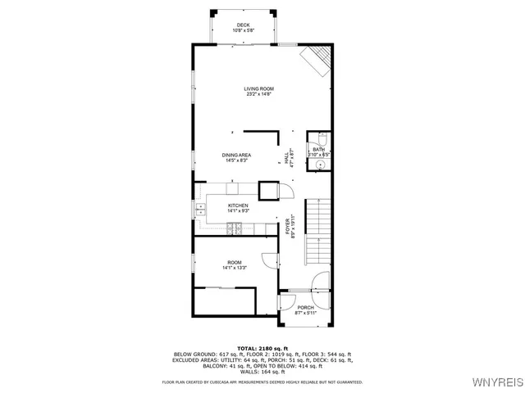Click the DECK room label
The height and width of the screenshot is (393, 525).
[243, 25]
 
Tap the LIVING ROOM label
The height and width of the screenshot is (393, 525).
[258, 88]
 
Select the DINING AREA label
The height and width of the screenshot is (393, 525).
[236, 155]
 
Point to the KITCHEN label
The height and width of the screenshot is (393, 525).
[238, 206]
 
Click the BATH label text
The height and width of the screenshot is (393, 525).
[318, 149]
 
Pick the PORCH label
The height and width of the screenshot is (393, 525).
[305, 308]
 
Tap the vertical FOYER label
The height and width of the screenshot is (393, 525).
[288, 227]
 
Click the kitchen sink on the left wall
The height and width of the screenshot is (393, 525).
[199, 210]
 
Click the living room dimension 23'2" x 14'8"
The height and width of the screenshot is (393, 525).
[258, 94]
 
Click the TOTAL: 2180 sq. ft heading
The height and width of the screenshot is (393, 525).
[262, 348]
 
